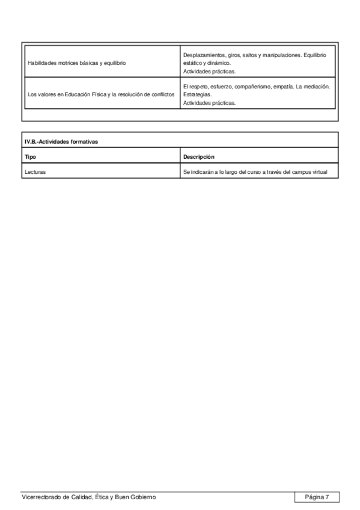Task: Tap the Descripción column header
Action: [x=199, y=157]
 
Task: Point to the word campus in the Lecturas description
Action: [x=302, y=172]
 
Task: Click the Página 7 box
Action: [x=317, y=497]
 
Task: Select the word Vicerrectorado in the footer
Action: [x=41, y=497]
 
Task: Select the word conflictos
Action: [x=163, y=94]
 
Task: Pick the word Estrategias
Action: [x=197, y=94]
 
